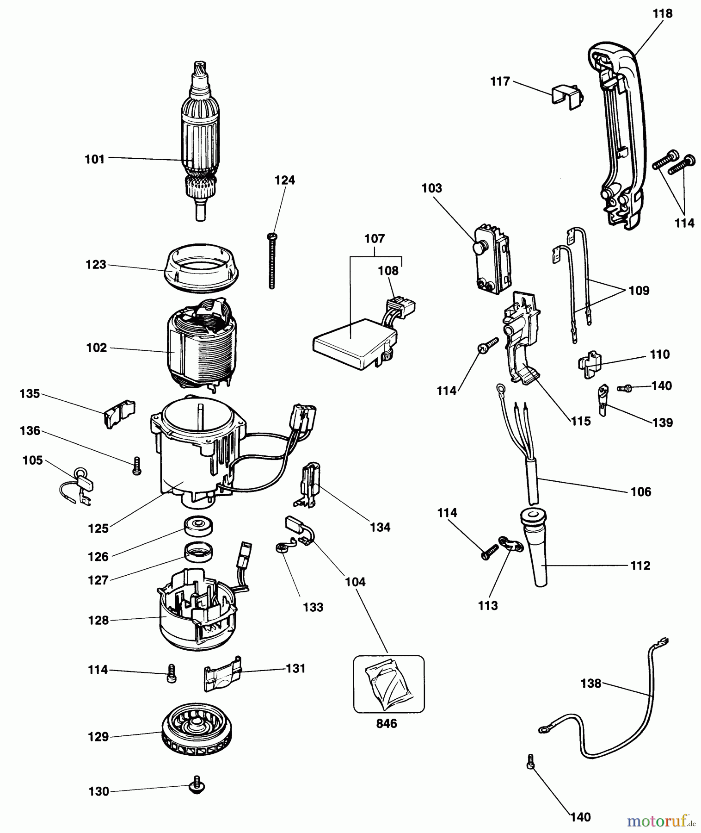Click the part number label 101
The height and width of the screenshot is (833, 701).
coord(95,160)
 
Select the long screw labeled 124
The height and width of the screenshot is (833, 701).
coord(272,261)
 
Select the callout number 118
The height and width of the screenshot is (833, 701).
coord(663,14)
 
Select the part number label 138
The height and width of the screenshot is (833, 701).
coord(591,684)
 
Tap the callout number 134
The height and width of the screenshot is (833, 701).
coord(380,527)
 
